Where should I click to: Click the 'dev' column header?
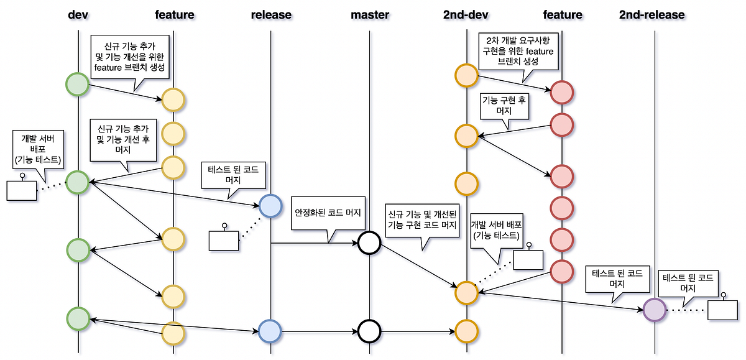[x=78, y=14]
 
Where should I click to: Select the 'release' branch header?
[x=271, y=14]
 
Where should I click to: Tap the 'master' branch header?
[x=369, y=14]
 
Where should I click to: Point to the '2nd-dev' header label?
[x=466, y=14]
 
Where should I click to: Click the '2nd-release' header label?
[x=652, y=14]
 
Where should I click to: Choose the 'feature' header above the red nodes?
[x=562, y=14]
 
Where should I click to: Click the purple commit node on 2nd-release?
[x=654, y=309]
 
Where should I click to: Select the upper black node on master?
[x=369, y=242]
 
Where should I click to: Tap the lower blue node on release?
[x=270, y=331]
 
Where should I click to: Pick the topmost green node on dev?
[x=78, y=84]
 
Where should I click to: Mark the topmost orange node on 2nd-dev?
[x=466, y=75]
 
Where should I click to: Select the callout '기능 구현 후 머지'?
[x=504, y=105]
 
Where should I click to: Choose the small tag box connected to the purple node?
[x=722, y=309]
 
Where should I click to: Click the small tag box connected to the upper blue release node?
[x=224, y=240]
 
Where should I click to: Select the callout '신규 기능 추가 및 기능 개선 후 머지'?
[x=123, y=140]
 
